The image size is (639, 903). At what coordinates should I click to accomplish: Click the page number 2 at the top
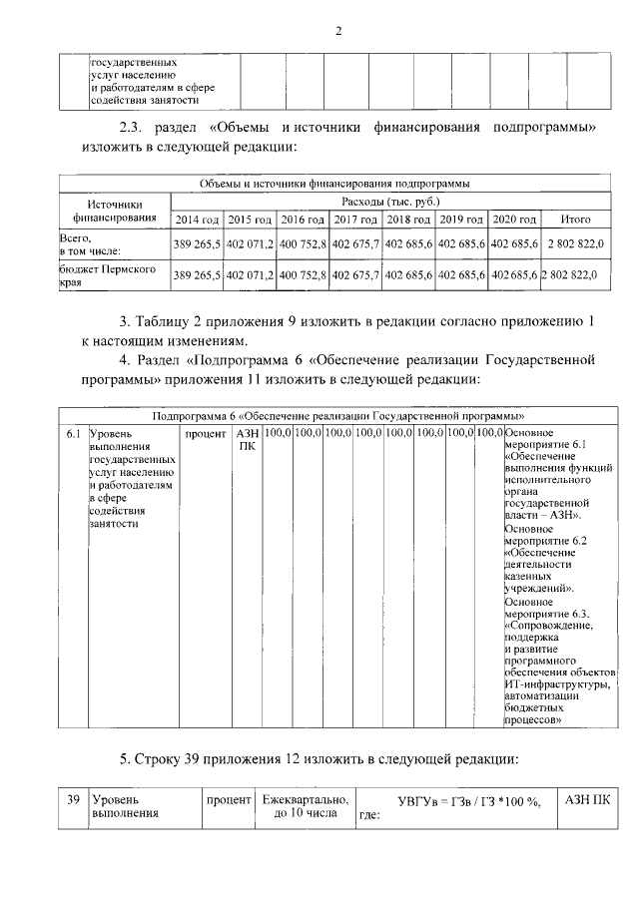pyautogui.click(x=338, y=29)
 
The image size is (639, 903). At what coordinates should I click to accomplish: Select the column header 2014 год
pyautogui.click(x=197, y=219)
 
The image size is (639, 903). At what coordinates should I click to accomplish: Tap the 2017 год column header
pyautogui.click(x=355, y=219)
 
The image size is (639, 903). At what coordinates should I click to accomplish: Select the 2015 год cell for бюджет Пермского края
pyautogui.click(x=250, y=274)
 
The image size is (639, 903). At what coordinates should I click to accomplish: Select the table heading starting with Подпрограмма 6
pyautogui.click(x=339, y=415)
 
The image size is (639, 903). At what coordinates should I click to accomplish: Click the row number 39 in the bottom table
pyautogui.click(x=73, y=800)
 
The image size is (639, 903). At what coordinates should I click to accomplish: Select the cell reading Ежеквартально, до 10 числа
pyautogui.click(x=305, y=807)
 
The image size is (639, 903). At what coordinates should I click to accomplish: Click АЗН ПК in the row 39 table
pyautogui.click(x=588, y=800)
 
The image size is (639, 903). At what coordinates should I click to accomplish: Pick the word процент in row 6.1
pyautogui.click(x=206, y=434)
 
